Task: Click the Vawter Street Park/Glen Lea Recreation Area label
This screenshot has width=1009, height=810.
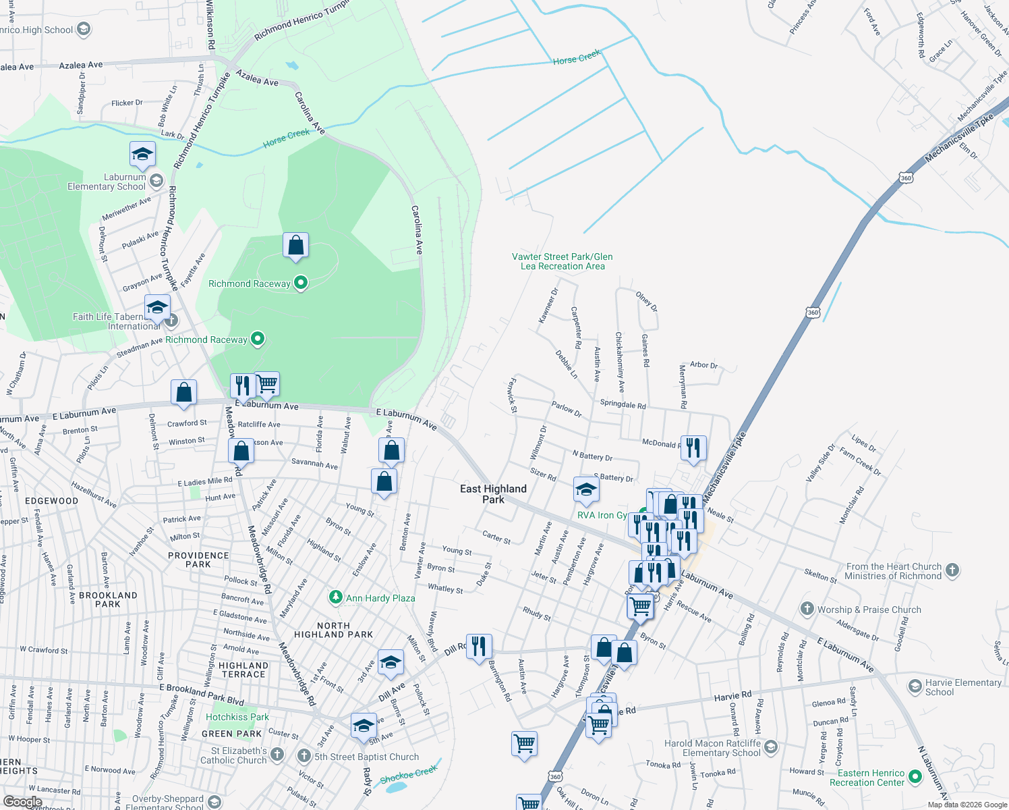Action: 562,261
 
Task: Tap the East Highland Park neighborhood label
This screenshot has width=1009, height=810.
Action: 493,494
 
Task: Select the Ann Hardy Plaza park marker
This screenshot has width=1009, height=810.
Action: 335,597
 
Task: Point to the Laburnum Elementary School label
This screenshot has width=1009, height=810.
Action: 107,182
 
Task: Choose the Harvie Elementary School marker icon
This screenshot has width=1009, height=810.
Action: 915,687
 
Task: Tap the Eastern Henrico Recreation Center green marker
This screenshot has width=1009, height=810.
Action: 915,777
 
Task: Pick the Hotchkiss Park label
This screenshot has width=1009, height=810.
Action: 237,717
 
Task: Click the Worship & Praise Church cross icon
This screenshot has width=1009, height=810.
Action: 807,609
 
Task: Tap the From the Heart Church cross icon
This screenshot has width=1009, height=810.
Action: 952,570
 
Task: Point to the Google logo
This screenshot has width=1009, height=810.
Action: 22,802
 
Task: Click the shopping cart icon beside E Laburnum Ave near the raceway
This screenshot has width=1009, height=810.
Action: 267,384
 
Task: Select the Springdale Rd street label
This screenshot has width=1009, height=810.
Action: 623,405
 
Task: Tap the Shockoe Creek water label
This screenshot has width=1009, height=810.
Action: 409,775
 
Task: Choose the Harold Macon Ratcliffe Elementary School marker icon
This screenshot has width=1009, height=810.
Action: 771,747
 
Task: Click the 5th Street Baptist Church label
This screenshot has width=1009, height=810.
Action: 366,757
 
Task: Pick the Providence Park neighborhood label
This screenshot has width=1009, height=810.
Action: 198,560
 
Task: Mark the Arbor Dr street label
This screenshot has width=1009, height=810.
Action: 703,364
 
